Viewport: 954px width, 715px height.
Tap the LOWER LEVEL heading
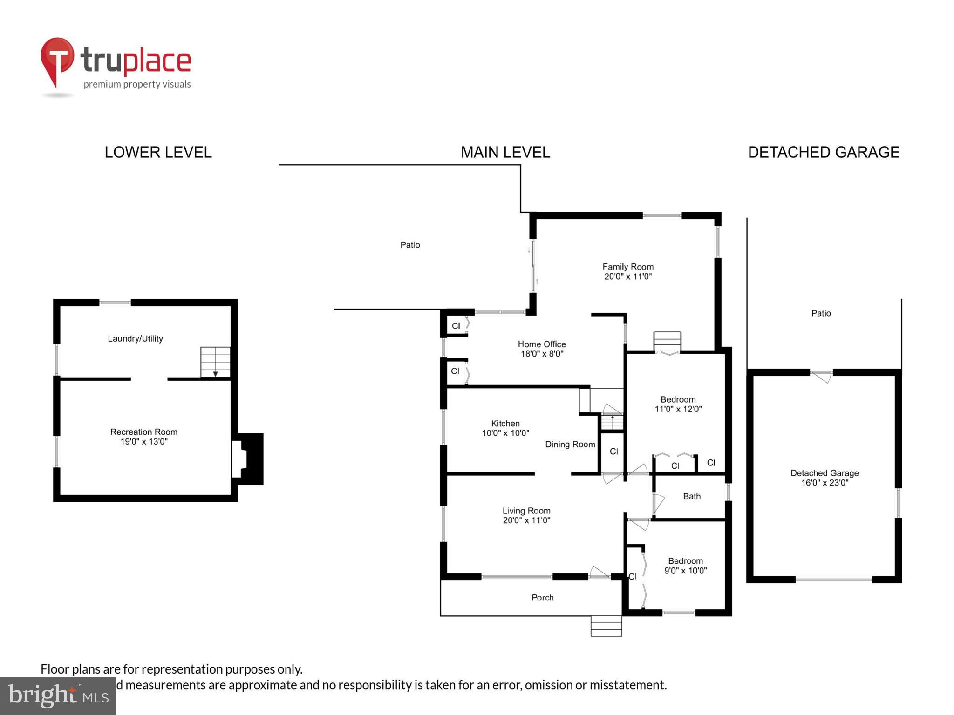pyautogui.click(x=158, y=152)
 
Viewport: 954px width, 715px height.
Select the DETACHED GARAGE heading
pyautogui.click(x=823, y=152)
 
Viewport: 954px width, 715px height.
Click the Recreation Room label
pyautogui.click(x=143, y=432)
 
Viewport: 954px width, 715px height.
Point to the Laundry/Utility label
pyautogui.click(x=135, y=338)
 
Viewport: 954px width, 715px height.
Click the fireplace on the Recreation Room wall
pyautogui.click(x=248, y=459)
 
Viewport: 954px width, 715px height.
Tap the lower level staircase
pyautogui.click(x=215, y=362)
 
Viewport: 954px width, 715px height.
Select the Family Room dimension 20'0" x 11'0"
pyautogui.click(x=627, y=277)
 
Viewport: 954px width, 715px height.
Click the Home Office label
pyautogui.click(x=542, y=344)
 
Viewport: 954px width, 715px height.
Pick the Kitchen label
pyautogui.click(x=505, y=423)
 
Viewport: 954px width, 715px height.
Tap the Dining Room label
pyautogui.click(x=570, y=445)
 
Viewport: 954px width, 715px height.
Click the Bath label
pyautogui.click(x=692, y=496)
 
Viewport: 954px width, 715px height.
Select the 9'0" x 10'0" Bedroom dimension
pyautogui.click(x=685, y=571)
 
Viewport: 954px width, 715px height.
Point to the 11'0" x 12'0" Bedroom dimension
pyautogui.click(x=678, y=409)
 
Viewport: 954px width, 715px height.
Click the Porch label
pyautogui.click(x=542, y=597)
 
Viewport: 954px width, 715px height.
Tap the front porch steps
pyautogui.click(x=606, y=626)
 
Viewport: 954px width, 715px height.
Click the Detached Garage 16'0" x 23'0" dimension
pyautogui.click(x=825, y=483)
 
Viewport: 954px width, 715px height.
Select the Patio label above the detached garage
pyautogui.click(x=821, y=313)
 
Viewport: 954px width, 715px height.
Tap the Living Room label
pyautogui.click(x=526, y=511)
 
